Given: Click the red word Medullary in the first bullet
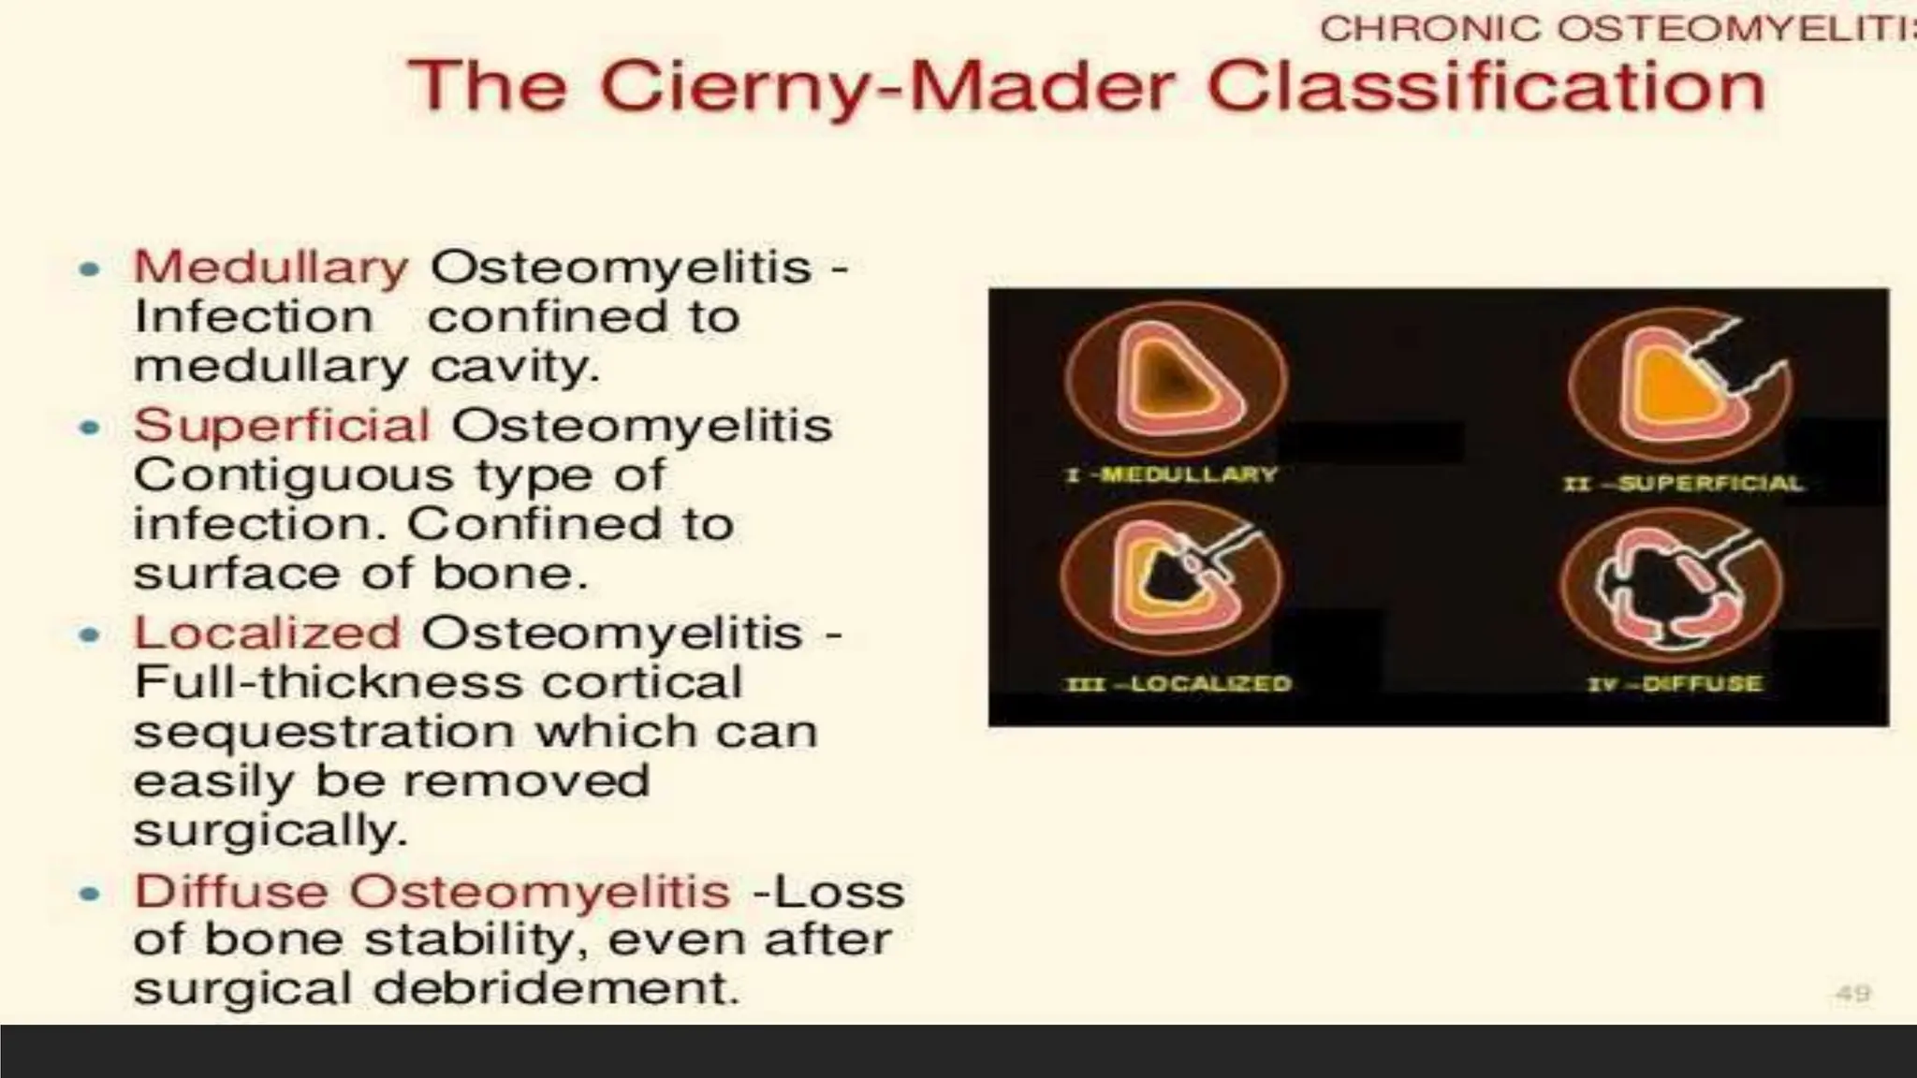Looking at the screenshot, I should click(271, 268).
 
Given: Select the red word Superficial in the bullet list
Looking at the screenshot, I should click(282, 427).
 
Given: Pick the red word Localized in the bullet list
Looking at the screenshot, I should click(267, 634).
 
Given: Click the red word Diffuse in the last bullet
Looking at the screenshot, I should click(230, 891).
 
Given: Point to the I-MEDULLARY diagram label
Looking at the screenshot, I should click(1171, 474).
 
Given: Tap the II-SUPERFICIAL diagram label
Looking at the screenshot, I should click(1683, 484).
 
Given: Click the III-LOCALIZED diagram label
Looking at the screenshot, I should click(1178, 684).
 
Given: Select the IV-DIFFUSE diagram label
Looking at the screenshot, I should click(1674, 684).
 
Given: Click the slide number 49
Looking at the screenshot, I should click(1852, 994).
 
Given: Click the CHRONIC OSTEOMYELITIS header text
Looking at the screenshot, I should click(1616, 29).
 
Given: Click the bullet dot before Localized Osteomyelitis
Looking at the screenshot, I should click(90, 636).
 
